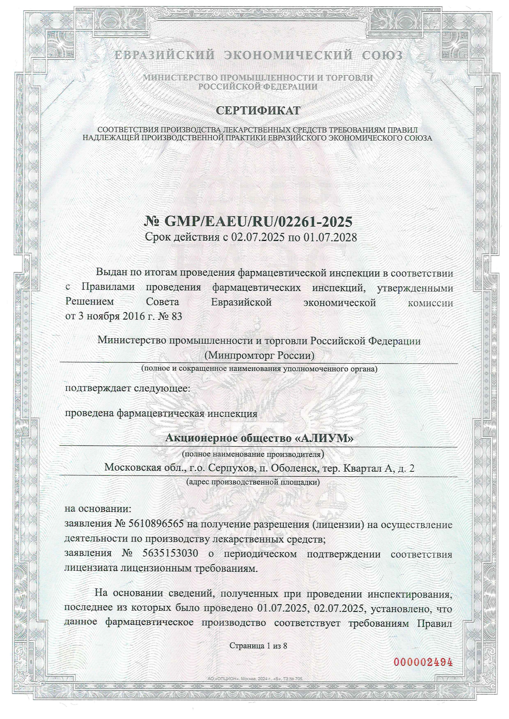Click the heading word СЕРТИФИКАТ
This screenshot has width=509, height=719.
pyautogui.click(x=258, y=111)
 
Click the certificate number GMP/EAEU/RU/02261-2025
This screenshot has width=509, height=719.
pyautogui.click(x=258, y=222)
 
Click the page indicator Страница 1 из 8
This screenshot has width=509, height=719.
pyautogui.click(x=258, y=646)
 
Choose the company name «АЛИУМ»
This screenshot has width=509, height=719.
pyautogui.click(x=324, y=439)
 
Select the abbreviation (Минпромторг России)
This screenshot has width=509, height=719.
pyautogui.click(x=259, y=355)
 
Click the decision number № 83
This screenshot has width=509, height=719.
pyautogui.click(x=171, y=316)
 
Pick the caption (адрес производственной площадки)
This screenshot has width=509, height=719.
pyautogui.click(x=253, y=482)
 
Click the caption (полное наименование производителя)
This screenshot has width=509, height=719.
pyautogui.click(x=253, y=454)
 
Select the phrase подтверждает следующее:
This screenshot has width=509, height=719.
pyautogui.click(x=128, y=388)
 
